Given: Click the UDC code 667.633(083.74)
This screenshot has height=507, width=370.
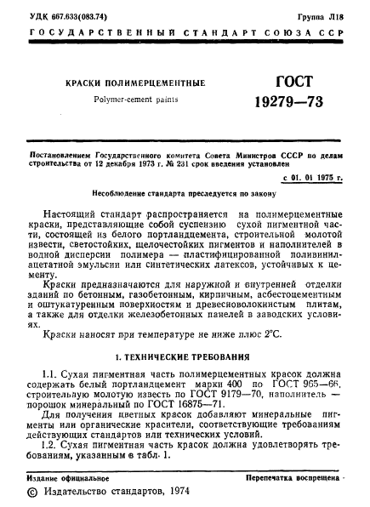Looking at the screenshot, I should click(83, 15).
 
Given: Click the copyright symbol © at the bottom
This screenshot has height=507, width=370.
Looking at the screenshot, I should click(33, 493).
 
